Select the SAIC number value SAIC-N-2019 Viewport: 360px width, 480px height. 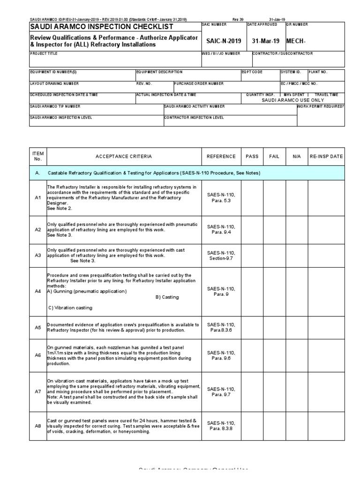pyautogui.click(x=224, y=41)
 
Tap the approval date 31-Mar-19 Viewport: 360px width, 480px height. pyautogui.click(x=265, y=41)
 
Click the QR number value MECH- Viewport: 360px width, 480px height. pyautogui.click(x=296, y=41)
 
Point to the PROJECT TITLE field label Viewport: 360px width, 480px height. pyautogui.click(x=42, y=54)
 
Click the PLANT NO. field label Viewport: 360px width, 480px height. pyautogui.click(x=317, y=72)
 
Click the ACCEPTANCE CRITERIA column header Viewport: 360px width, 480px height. pyautogui.click(x=124, y=156)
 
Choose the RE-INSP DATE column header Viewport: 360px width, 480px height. pyautogui.click(x=326, y=156)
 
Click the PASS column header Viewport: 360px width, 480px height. pyautogui.click(x=252, y=156)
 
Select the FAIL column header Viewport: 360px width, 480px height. pyautogui.click(x=274, y=156)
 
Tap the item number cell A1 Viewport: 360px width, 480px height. pyautogui.click(x=38, y=198)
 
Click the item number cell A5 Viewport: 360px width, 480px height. pyautogui.click(x=38, y=327)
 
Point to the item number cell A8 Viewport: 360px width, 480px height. pyautogui.click(x=38, y=426)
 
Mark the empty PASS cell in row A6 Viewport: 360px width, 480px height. pyautogui.click(x=252, y=356)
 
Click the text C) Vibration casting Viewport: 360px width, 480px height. pyautogui.click(x=70, y=308)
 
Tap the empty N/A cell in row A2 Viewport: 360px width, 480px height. pyautogui.click(x=296, y=229)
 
